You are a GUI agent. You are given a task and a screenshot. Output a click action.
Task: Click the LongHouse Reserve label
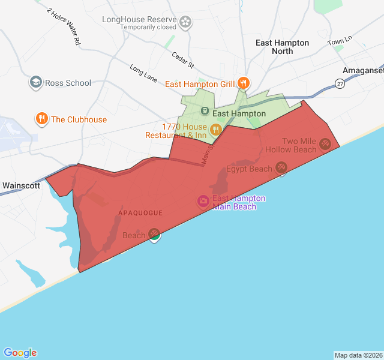[140, 19]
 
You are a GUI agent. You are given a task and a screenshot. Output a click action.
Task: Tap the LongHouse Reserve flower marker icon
[186, 23]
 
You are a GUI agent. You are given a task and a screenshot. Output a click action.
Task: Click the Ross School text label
[68, 83]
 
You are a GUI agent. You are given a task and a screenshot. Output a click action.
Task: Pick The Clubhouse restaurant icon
[41, 119]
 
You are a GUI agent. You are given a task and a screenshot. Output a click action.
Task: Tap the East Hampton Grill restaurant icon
[243, 83]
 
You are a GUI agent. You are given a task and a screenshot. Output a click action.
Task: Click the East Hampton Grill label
[200, 84]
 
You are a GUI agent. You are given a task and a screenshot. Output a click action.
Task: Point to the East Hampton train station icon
[204, 111]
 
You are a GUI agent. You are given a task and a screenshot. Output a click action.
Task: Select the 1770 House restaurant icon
[216, 129]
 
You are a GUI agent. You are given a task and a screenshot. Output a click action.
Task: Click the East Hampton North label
[282, 47]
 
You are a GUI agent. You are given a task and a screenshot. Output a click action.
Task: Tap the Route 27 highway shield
[340, 85]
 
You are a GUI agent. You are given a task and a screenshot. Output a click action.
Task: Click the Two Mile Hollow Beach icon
[325, 143]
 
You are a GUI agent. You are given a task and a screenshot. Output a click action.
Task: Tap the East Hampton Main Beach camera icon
[203, 201]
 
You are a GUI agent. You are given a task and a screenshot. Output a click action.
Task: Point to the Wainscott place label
[21, 185]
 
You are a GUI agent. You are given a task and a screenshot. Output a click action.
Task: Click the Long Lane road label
[143, 72]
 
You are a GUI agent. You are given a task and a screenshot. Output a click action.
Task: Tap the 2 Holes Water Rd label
[63, 27]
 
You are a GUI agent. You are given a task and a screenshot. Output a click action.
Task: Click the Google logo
[20, 353]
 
